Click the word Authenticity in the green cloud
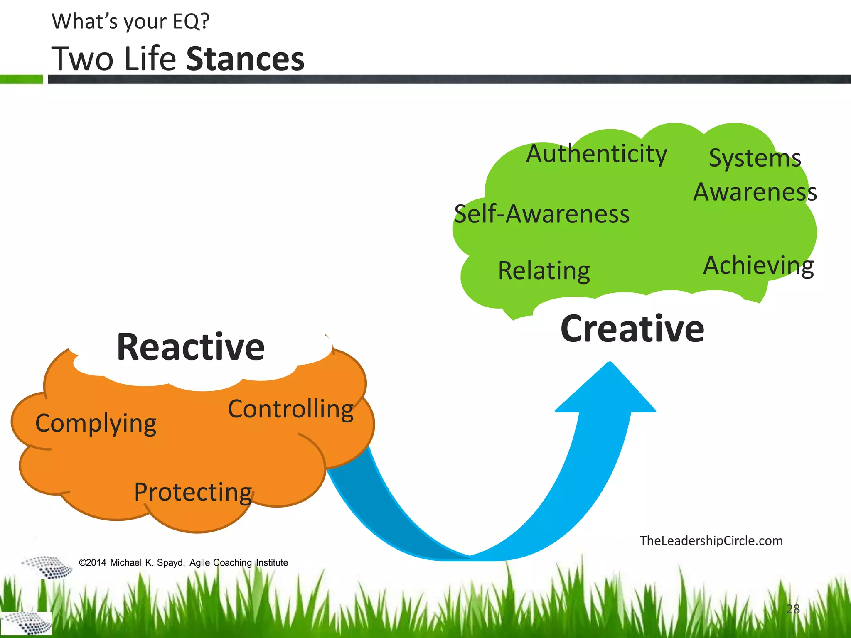596,155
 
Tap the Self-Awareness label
541,214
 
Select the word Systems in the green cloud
755,158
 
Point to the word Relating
544,271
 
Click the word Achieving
758,265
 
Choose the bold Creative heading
632,329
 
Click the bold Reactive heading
191,347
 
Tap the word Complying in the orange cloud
96,424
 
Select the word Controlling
290,410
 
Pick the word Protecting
193,492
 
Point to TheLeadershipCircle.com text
711,541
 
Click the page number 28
793,609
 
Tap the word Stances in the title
245,59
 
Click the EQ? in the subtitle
191,22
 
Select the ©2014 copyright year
92,563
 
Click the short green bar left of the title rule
21,79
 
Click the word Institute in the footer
272,563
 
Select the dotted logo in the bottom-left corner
26,623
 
